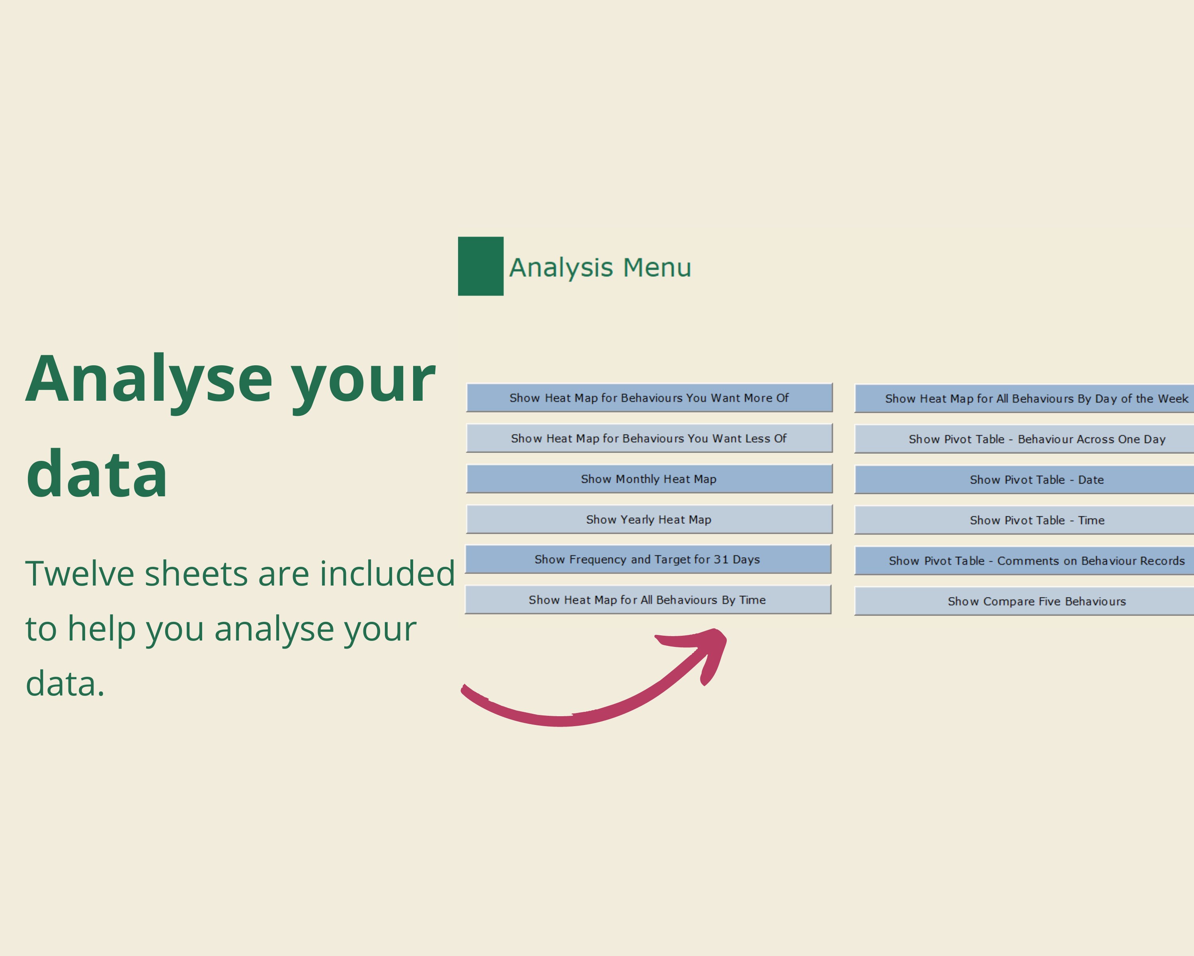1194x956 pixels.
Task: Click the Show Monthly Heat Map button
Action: (x=649, y=479)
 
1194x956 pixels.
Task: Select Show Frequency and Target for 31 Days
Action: (x=648, y=559)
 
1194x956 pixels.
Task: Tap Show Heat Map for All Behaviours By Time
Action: (x=648, y=599)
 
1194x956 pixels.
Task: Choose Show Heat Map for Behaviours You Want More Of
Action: (x=649, y=398)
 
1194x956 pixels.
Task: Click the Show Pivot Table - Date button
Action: (x=1024, y=479)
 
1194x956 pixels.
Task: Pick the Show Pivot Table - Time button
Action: (x=1024, y=520)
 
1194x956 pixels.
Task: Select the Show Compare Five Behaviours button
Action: (x=1024, y=601)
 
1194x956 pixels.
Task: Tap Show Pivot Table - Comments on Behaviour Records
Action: (x=1024, y=561)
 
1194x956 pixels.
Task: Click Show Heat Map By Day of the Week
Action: (x=1024, y=398)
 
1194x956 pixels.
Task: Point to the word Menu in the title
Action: (x=657, y=268)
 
